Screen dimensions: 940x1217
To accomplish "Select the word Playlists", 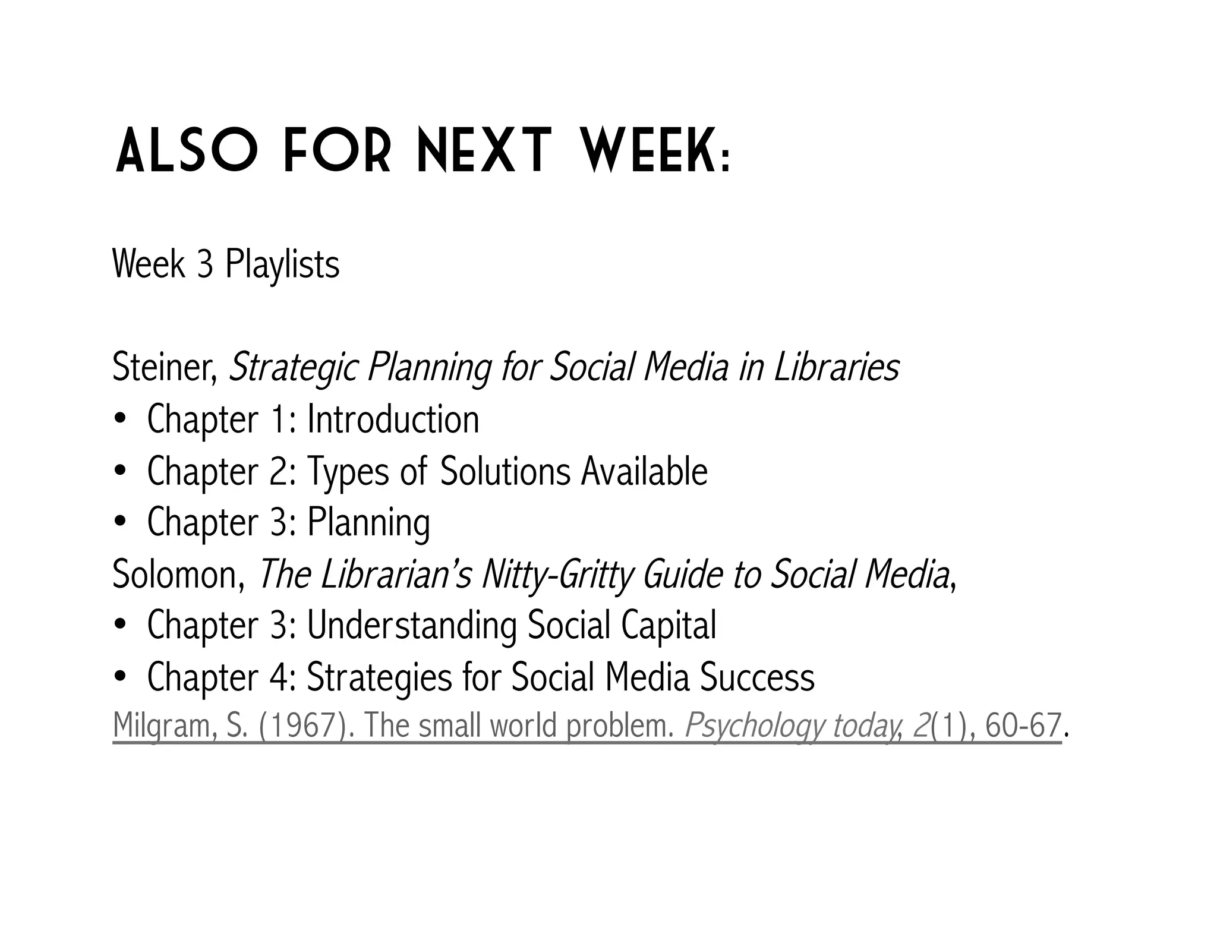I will tap(282, 264).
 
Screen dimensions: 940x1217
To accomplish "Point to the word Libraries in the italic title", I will tap(836, 368).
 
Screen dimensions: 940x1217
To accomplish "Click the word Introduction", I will tap(393, 419).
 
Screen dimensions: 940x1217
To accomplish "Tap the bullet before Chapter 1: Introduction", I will tap(120, 419).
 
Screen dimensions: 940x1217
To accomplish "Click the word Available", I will tap(644, 471).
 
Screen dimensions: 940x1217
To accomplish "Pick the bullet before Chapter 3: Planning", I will tap(120, 523).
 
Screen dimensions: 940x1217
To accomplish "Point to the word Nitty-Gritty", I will tap(557, 575).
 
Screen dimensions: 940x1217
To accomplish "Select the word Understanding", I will tap(412, 626).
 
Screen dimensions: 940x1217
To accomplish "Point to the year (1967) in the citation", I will tap(302, 725).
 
